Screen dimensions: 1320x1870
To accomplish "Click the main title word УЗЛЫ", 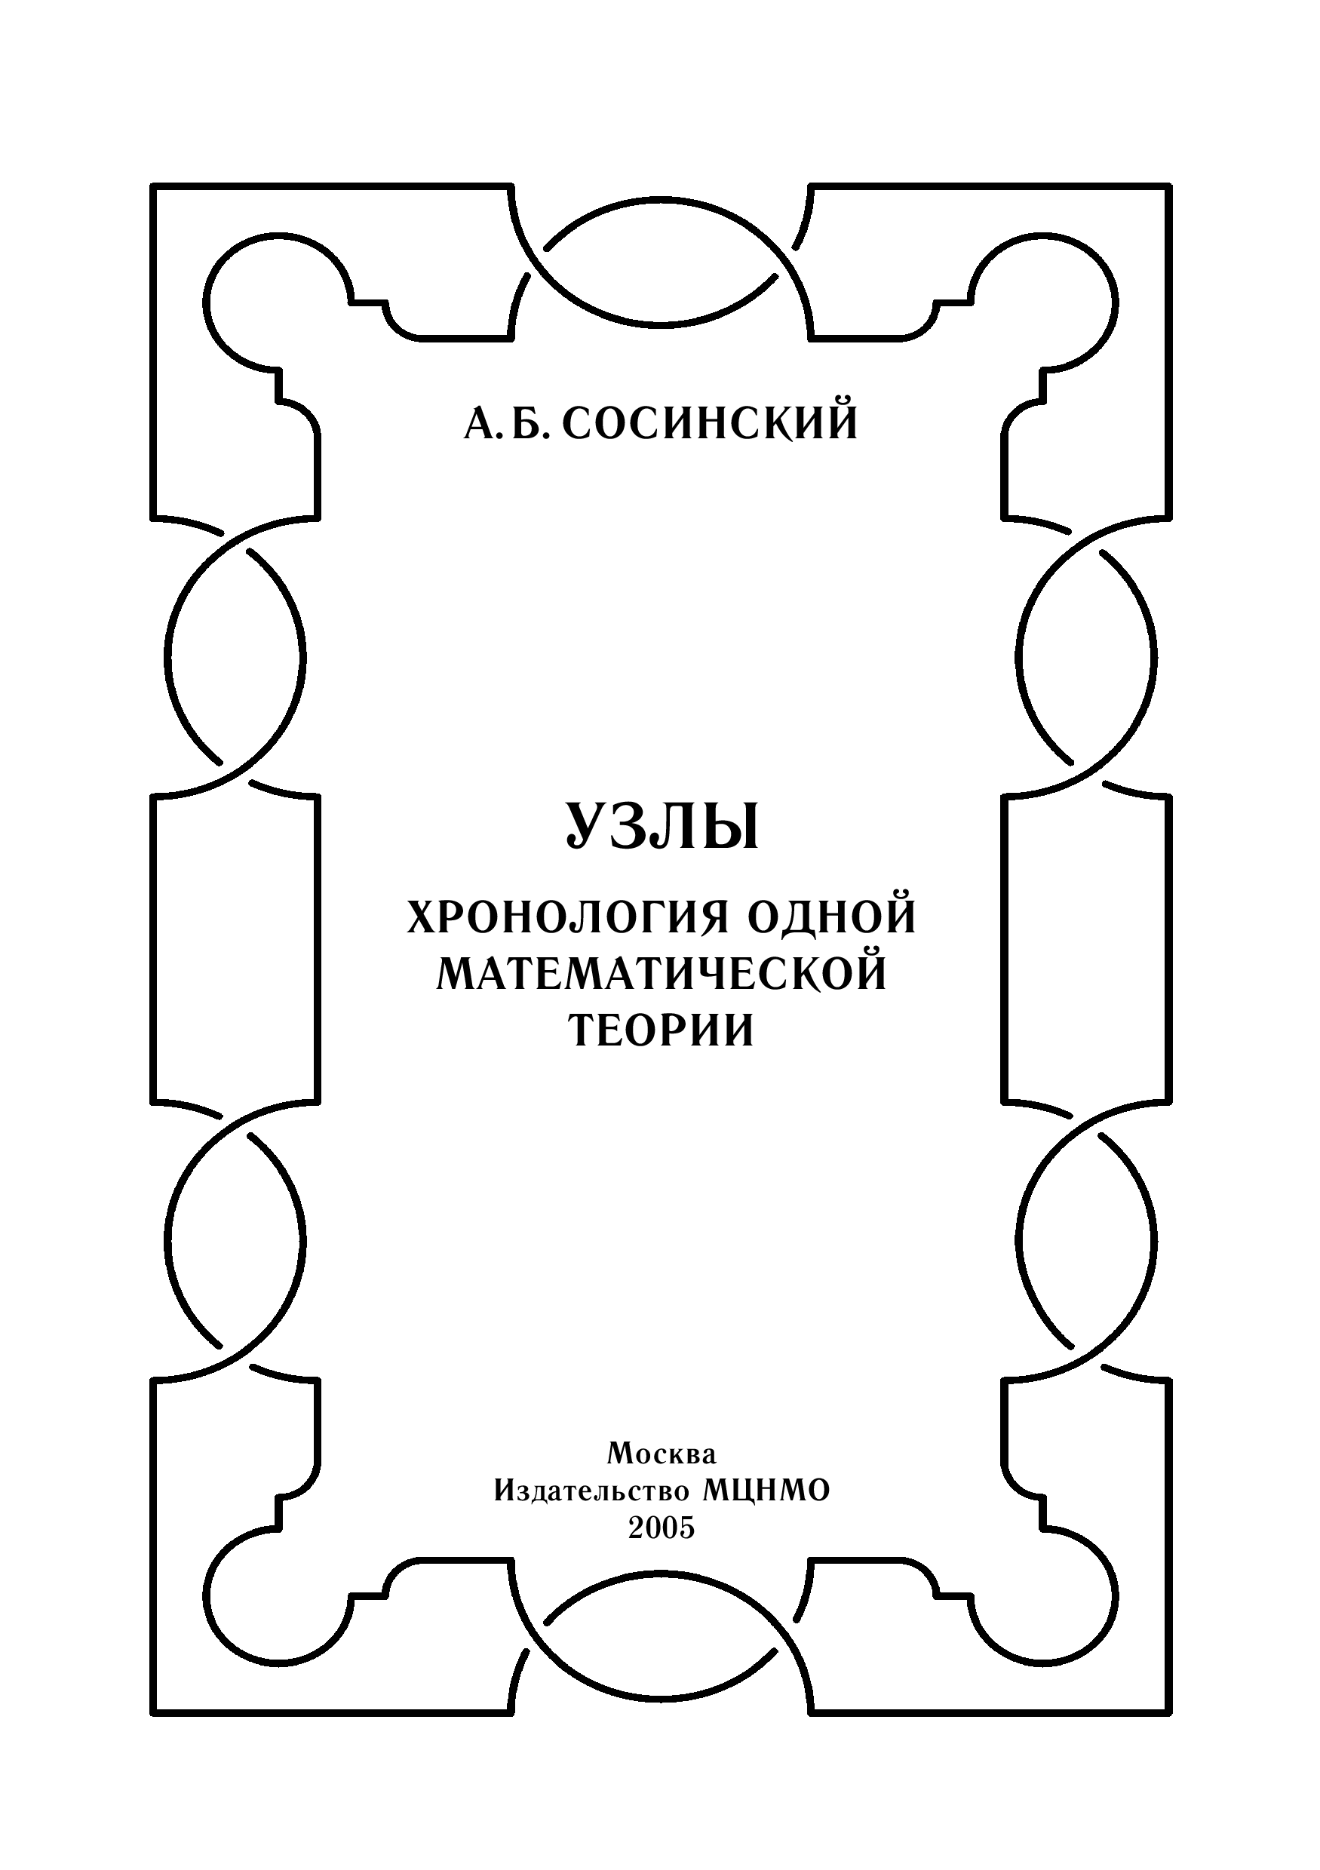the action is (662, 827).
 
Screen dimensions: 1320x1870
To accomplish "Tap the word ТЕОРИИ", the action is (661, 1031).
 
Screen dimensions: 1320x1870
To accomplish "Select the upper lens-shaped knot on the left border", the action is (236, 656).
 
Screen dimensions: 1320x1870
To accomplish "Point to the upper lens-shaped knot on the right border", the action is (1086, 656).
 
